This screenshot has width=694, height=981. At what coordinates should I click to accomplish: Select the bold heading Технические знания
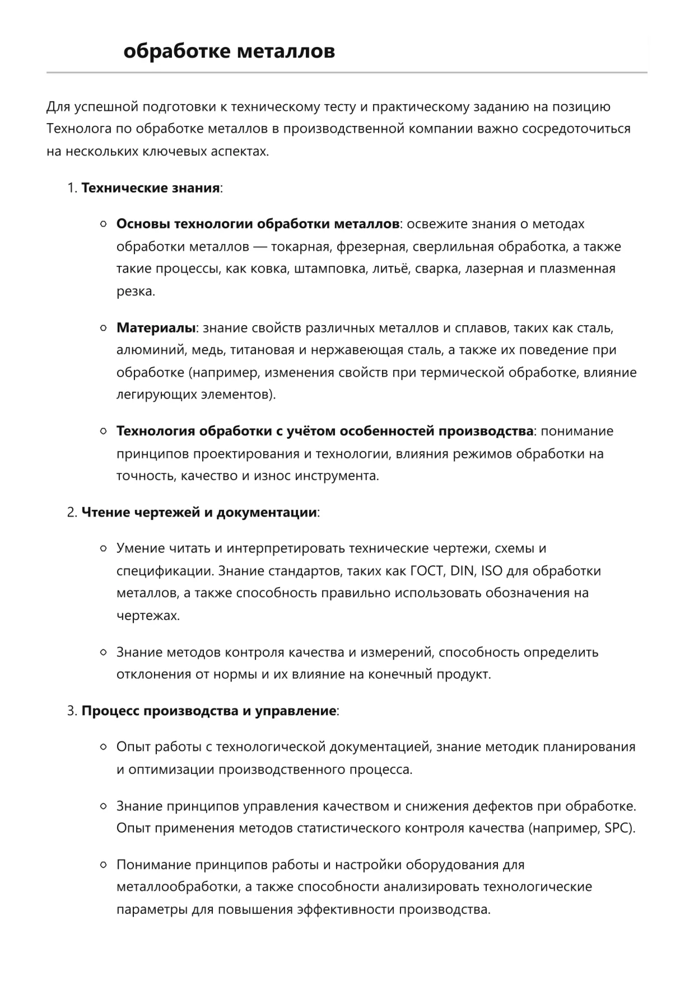coord(150,188)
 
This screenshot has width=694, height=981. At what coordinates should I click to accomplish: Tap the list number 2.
coord(71,513)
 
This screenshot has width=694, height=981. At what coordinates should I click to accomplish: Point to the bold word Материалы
coord(156,327)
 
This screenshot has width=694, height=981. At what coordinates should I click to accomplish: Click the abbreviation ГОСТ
coord(427,571)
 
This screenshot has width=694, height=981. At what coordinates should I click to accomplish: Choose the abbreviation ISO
coord(492,571)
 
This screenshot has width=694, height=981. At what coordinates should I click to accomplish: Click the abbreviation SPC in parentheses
coord(618,828)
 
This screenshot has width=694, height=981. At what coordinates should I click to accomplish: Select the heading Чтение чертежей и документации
coord(199,513)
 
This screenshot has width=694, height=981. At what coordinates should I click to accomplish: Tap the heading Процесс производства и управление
coord(208,711)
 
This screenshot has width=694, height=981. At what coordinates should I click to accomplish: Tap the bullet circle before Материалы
coord(103,328)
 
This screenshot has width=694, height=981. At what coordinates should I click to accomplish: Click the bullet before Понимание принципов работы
coord(103,865)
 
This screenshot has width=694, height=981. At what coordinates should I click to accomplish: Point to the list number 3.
coord(71,711)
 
